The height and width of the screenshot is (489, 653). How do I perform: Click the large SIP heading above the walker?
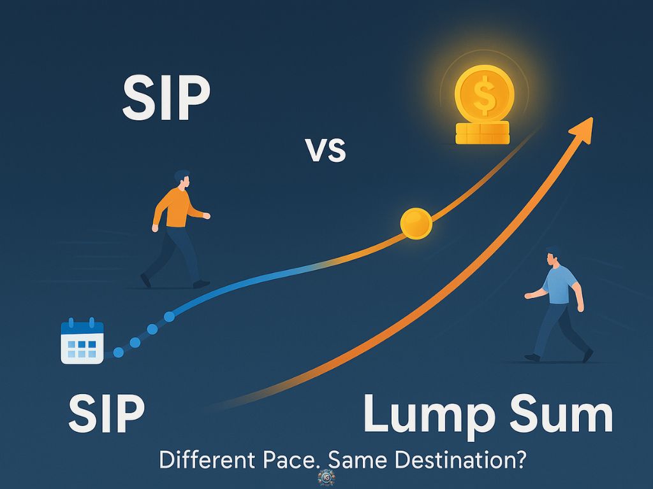(x=166, y=99)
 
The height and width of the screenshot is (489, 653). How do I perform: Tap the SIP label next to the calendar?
(x=106, y=413)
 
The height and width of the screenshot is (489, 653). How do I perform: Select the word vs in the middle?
(x=325, y=150)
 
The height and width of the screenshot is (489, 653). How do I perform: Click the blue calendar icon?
(x=82, y=341)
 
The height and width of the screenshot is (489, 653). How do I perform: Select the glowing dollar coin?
(x=484, y=94)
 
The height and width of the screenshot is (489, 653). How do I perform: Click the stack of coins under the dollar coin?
(x=483, y=133)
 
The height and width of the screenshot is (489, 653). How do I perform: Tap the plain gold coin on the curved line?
(x=416, y=223)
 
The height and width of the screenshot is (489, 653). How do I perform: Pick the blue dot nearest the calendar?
(x=119, y=353)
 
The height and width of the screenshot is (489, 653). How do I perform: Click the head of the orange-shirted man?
(x=182, y=179)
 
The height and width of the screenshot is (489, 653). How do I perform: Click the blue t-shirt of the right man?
(x=560, y=285)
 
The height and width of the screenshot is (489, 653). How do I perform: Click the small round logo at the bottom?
(x=326, y=478)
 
